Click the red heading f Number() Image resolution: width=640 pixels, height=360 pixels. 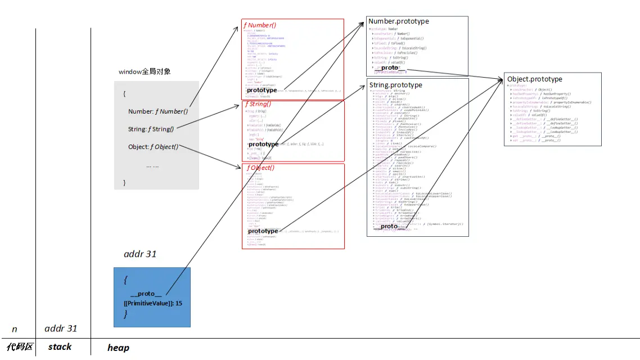click(x=259, y=25)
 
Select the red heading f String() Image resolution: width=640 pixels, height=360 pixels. click(x=258, y=104)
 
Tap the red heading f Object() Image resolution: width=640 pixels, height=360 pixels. click(x=260, y=168)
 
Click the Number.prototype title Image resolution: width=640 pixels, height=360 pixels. click(x=398, y=21)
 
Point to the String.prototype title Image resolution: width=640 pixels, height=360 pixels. click(x=395, y=85)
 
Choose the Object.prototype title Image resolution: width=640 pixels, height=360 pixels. click(x=534, y=79)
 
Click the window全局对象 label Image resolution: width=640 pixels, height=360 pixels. click(x=145, y=72)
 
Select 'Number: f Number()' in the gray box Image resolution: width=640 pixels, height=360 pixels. click(x=158, y=111)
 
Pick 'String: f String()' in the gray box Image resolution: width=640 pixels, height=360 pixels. click(x=151, y=129)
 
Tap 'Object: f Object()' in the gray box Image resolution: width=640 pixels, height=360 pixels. click(x=153, y=147)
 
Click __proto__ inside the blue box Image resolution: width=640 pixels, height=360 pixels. click(x=146, y=294)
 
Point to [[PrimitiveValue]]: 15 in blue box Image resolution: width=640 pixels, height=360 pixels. click(x=153, y=303)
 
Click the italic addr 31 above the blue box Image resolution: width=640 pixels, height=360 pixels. click(x=140, y=254)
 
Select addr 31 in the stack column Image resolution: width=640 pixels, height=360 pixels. click(x=61, y=328)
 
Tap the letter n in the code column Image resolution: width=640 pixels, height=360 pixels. click(x=15, y=329)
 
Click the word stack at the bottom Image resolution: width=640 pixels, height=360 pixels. click(x=60, y=347)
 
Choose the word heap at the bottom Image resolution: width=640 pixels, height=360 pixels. click(x=118, y=348)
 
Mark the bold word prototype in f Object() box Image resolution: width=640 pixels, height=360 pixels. click(x=263, y=231)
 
